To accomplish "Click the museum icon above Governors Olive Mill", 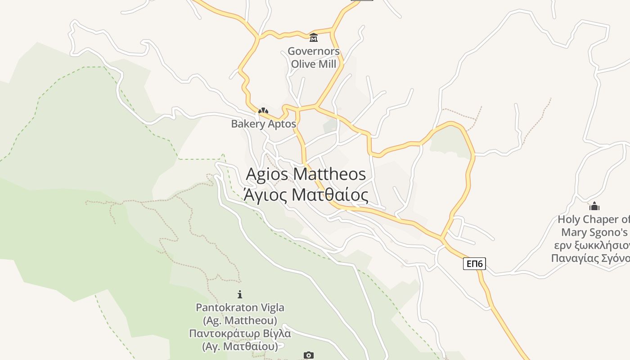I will click(314, 37).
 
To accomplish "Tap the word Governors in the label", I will click(314, 51).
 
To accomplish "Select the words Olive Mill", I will click(314, 64).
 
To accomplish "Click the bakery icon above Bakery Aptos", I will click(263, 110).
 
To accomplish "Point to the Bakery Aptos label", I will click(263, 124).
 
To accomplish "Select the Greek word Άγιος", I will click(265, 195).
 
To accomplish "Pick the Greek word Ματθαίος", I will click(330, 195).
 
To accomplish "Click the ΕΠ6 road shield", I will click(474, 263).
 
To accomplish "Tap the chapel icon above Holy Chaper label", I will click(594, 206).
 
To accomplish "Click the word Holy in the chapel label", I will click(569, 220).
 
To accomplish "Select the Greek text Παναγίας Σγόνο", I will click(590, 258).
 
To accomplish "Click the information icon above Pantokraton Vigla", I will click(240, 294).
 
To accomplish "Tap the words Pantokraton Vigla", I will click(240, 308).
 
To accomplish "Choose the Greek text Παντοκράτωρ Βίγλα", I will click(240, 334).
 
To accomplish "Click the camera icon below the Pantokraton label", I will click(308, 355).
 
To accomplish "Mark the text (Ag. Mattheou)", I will click(240, 321).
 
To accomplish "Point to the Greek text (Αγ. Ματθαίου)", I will click(240, 346).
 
